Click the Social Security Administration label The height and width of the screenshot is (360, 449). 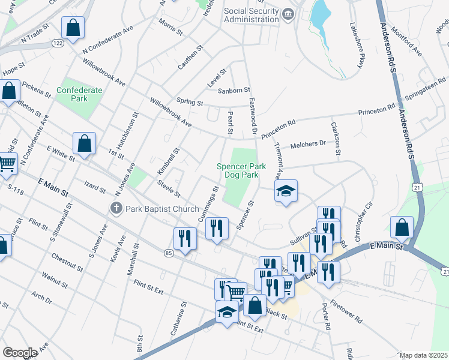click(x=251, y=15)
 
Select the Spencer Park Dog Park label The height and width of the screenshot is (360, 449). click(x=238, y=171)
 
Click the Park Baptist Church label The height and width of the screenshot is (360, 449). click(x=161, y=209)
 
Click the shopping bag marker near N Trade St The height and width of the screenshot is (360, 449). click(x=73, y=28)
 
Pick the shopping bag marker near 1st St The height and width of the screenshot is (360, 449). click(x=84, y=144)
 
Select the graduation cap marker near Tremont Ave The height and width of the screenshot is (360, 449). click(x=286, y=191)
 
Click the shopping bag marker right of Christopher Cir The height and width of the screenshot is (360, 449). click(x=402, y=228)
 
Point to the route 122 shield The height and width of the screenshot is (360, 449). click(x=58, y=43)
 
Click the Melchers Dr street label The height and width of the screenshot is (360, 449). click(x=307, y=144)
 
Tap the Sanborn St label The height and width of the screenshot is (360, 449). click(x=233, y=90)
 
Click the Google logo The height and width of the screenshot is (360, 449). click(x=20, y=353)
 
